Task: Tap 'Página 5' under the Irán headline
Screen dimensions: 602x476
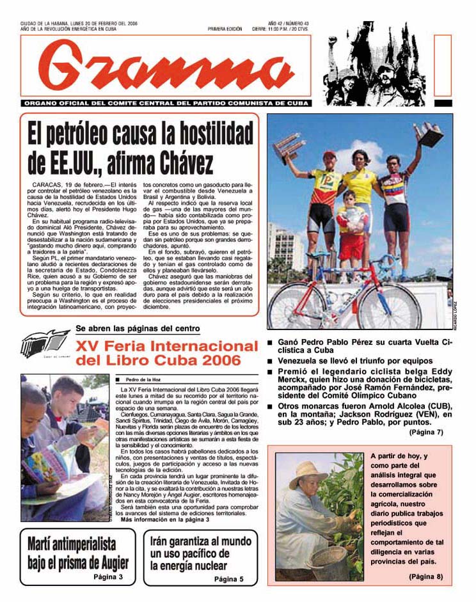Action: coord(228,580)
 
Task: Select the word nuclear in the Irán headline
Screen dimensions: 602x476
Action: coord(203,566)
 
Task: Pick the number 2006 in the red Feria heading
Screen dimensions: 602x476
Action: coord(217,361)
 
